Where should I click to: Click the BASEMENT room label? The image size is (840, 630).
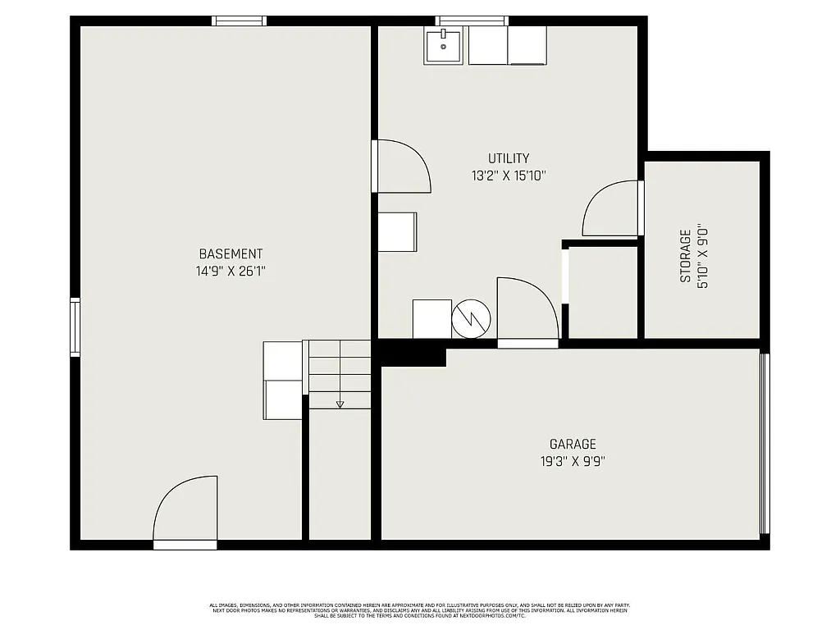pyautogui.click(x=231, y=254)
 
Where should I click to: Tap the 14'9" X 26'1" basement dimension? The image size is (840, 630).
pyautogui.click(x=231, y=271)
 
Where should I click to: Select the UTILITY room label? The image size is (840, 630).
pyautogui.click(x=509, y=158)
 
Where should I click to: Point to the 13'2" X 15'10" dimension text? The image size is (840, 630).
pyautogui.click(x=509, y=175)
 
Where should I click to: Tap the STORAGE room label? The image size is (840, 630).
pyautogui.click(x=685, y=256)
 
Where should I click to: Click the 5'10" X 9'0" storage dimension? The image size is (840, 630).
pyautogui.click(x=702, y=256)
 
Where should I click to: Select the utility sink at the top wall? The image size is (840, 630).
pyautogui.click(x=445, y=45)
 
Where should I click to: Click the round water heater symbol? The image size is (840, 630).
pyautogui.click(x=471, y=319)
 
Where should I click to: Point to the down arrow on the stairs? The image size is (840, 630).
pyautogui.click(x=340, y=404)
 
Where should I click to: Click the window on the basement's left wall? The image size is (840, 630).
pyautogui.click(x=75, y=327)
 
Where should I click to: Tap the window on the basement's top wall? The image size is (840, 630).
pyautogui.click(x=239, y=21)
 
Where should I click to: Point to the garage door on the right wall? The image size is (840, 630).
pyautogui.click(x=765, y=443)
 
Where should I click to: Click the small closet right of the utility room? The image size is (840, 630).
pyautogui.click(x=603, y=291)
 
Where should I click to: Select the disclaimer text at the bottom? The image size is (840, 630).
pyautogui.click(x=419, y=610)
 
